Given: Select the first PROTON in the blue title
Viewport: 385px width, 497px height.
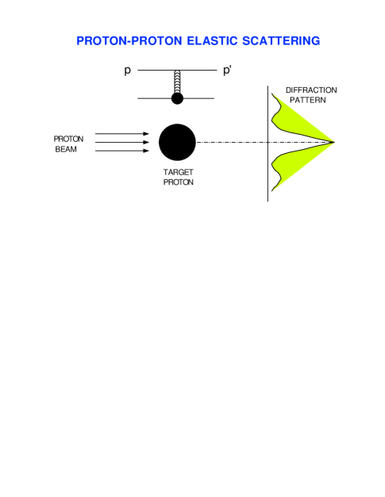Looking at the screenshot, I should click(102, 40).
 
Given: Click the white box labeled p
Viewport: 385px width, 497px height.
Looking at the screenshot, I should click(128, 70).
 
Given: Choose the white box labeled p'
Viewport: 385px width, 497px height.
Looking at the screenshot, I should click(229, 70).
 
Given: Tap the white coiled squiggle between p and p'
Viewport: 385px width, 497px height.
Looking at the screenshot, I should click(178, 82).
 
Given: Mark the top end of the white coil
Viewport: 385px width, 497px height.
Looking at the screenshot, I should click(178, 71).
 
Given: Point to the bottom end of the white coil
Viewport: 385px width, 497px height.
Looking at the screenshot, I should click(178, 92).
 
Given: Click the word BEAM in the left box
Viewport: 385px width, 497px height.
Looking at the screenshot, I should click(67, 149).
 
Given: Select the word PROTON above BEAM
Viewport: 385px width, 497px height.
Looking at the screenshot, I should click(68, 139).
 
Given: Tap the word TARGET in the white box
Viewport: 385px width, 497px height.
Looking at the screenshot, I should click(178, 172).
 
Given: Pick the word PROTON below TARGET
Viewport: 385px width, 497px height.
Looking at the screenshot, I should click(179, 182).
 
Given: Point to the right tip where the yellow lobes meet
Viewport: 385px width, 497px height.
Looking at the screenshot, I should click(334, 143).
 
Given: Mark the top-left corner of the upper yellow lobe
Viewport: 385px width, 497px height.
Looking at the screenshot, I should click(274, 94).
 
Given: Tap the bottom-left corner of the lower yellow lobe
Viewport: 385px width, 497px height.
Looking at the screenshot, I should click(274, 191).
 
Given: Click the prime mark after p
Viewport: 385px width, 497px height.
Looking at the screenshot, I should click(233, 67).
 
